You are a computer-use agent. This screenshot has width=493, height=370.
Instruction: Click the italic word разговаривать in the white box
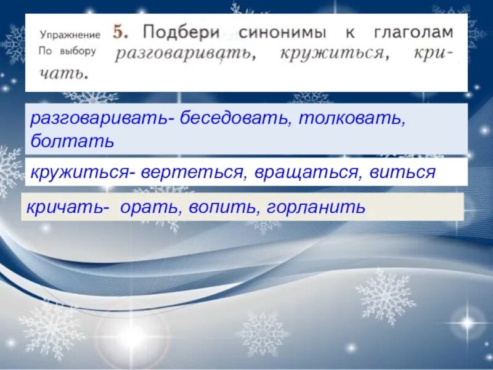[x=184, y=53]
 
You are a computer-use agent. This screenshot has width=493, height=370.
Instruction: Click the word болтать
[x=72, y=141]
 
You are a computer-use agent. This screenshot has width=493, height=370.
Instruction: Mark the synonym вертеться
[x=190, y=172]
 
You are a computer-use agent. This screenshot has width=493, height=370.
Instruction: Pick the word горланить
[x=316, y=207]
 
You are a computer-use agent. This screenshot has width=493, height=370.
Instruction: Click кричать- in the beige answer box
[x=67, y=207]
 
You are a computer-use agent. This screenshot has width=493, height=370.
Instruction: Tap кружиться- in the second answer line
[x=80, y=172]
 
